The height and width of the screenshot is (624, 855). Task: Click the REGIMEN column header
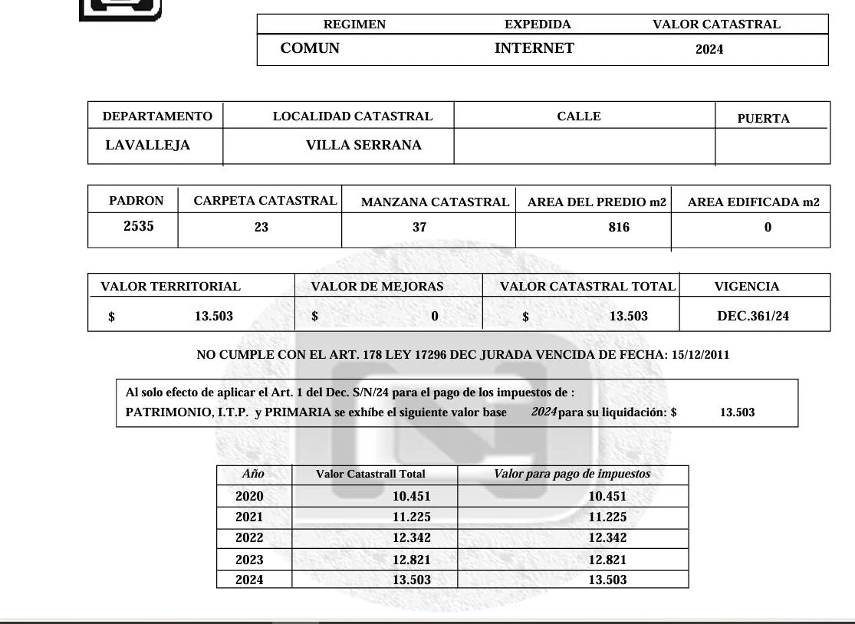tap(354, 25)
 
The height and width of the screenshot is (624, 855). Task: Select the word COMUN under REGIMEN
tap(310, 48)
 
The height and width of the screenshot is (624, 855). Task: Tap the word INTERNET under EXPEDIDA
tap(534, 48)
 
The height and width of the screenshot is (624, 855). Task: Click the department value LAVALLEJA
tap(147, 145)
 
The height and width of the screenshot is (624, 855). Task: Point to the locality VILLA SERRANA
tap(363, 145)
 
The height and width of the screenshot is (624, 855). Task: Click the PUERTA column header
tap(763, 119)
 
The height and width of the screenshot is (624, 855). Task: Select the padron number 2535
tap(139, 226)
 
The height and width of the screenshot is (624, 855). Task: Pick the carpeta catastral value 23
tap(261, 227)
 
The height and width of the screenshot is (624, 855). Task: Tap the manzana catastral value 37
tap(419, 227)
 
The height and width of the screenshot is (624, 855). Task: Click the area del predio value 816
tap(619, 227)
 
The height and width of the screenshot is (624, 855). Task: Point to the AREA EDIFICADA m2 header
tap(753, 202)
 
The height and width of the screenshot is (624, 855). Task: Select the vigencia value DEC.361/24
tap(753, 316)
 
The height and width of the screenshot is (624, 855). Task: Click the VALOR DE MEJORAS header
tap(377, 287)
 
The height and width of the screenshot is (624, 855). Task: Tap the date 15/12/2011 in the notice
tap(700, 355)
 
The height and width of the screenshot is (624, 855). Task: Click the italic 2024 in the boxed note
tap(544, 412)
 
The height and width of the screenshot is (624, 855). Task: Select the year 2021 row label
tap(249, 517)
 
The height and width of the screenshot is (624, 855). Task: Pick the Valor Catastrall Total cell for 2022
tap(411, 537)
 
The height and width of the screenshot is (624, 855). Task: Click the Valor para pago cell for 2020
tap(607, 496)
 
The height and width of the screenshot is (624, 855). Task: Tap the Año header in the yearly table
tap(253, 474)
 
